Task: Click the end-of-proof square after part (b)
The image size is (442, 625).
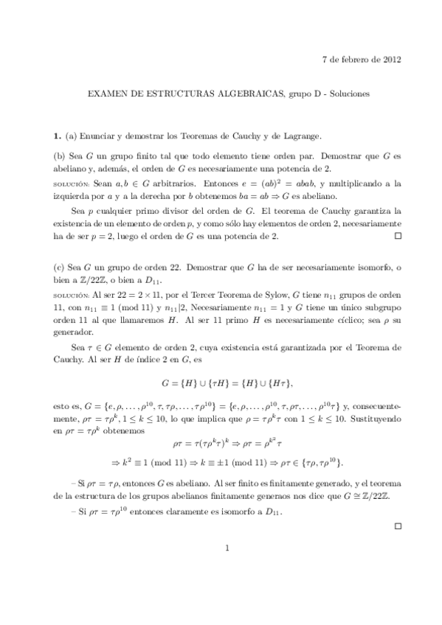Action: click(398, 237)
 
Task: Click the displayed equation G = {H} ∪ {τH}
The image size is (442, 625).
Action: click(227, 383)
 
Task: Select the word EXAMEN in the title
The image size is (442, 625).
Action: click(106, 95)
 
